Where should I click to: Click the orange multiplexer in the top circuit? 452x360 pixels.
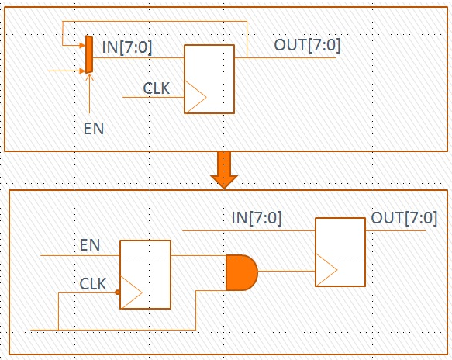coord(89,54)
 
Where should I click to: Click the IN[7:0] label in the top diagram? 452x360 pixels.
coord(127,47)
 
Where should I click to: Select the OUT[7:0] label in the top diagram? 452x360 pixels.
coord(307,45)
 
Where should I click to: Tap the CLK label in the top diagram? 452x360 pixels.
coord(157,88)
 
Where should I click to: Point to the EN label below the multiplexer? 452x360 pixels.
coord(94,129)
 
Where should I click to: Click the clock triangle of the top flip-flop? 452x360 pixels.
coord(195,97)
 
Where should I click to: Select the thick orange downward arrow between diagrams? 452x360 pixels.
coord(224,170)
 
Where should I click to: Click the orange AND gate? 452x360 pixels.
coord(242,272)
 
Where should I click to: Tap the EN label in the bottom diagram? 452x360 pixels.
coord(90,245)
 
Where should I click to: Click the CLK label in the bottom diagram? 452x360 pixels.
coord(92,284)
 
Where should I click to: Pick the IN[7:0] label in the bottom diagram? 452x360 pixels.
coord(257,218)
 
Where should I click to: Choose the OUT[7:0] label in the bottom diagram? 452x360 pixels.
coord(404,218)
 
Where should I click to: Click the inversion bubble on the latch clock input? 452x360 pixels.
coord(117,292)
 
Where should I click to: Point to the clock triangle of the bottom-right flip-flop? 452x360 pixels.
coord(326,270)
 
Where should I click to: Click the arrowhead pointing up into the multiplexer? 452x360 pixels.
coord(89,77)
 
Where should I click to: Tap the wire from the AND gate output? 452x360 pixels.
coord(287,271)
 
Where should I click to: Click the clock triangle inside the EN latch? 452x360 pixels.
coord(131,292)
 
